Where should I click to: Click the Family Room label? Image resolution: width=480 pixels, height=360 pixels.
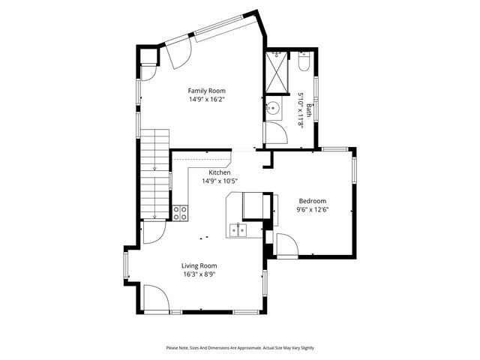[x=206, y=91]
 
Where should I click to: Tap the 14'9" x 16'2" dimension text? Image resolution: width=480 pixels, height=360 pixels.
[x=206, y=99]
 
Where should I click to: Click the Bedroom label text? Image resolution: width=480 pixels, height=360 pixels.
[x=313, y=201]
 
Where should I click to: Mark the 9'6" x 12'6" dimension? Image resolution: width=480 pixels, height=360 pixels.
[x=313, y=210]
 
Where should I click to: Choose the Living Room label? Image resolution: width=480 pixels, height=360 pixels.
[x=199, y=265]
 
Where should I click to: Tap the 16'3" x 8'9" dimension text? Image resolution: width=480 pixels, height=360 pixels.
[x=199, y=274]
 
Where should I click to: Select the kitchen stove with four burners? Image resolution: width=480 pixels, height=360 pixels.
[x=181, y=213]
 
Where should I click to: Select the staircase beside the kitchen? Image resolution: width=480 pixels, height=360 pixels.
[x=154, y=172]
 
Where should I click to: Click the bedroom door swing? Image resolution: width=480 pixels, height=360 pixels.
[x=286, y=244]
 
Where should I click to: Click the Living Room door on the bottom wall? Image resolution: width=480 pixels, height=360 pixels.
[x=155, y=298]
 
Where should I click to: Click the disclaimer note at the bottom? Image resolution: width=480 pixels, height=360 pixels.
[x=240, y=348]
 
